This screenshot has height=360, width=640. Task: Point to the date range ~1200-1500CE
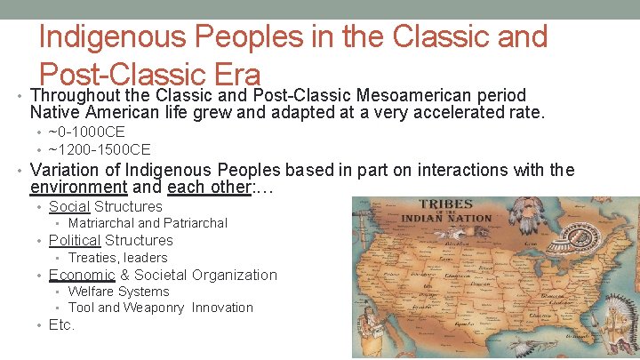99,148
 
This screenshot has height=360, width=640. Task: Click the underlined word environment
78,188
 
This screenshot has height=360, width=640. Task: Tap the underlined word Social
68,206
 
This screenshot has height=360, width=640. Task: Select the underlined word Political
75,240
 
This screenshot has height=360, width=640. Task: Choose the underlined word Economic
82,275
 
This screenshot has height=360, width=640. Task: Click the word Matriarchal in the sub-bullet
100,223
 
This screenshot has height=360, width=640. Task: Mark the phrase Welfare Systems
118,292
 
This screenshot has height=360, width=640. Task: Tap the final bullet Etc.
61,325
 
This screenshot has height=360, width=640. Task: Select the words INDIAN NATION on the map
446,219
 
